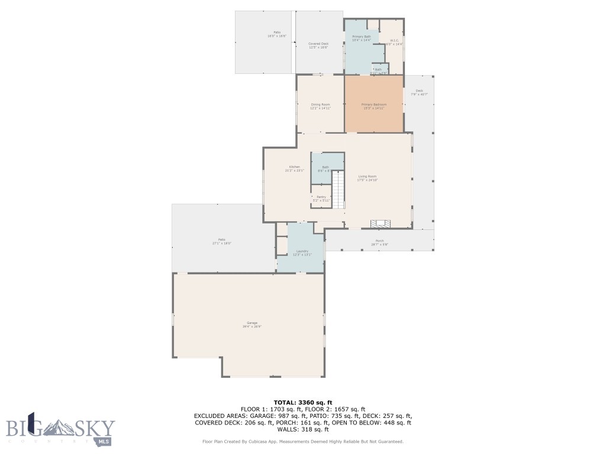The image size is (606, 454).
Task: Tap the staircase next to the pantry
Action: (338, 189)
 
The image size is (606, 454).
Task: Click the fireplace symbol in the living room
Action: (381, 223)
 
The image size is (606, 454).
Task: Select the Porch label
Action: (379, 242)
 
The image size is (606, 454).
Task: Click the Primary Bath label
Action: (361, 38)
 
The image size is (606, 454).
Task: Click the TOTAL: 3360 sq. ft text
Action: (302, 402)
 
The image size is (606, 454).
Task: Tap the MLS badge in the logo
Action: (104, 441)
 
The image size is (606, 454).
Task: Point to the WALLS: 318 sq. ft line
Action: (302, 430)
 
